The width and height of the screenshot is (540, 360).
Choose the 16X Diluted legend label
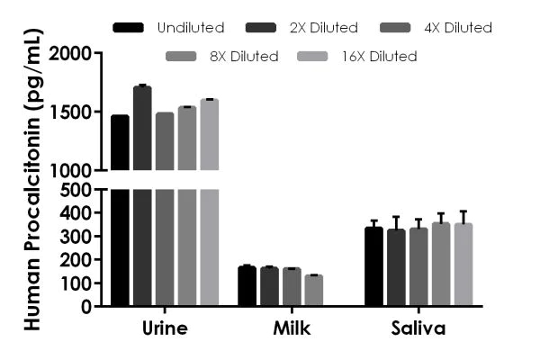(380, 56)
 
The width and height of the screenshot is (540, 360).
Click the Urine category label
(164, 328)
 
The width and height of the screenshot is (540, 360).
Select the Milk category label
(292, 328)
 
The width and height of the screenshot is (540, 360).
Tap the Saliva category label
(419, 328)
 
